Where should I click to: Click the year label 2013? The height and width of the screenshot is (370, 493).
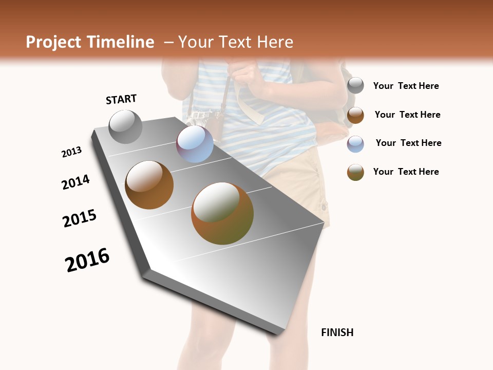(71, 152)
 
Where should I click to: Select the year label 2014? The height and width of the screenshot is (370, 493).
(75, 182)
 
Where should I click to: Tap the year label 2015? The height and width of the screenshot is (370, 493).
(80, 218)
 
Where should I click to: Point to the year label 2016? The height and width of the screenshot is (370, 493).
(87, 260)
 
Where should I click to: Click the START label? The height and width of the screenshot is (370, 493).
(121, 99)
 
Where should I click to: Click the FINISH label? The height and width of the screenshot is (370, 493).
(337, 332)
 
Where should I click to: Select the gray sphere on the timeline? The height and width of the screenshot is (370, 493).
(125, 126)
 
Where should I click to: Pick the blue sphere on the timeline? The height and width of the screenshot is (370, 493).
(195, 144)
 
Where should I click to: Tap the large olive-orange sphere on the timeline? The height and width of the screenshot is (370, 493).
(222, 213)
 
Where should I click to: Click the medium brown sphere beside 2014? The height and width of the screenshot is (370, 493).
(149, 185)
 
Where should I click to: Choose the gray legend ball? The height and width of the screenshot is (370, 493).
(355, 86)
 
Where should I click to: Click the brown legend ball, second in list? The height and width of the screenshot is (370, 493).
(355, 115)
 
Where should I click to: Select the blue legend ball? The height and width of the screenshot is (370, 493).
(355, 144)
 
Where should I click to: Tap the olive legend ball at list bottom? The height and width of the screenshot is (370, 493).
(355, 172)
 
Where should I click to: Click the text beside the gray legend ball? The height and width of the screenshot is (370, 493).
(406, 86)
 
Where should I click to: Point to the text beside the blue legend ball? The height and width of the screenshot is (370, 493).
(408, 143)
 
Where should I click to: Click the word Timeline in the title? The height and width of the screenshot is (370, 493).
(121, 42)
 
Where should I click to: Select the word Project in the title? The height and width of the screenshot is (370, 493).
(54, 42)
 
